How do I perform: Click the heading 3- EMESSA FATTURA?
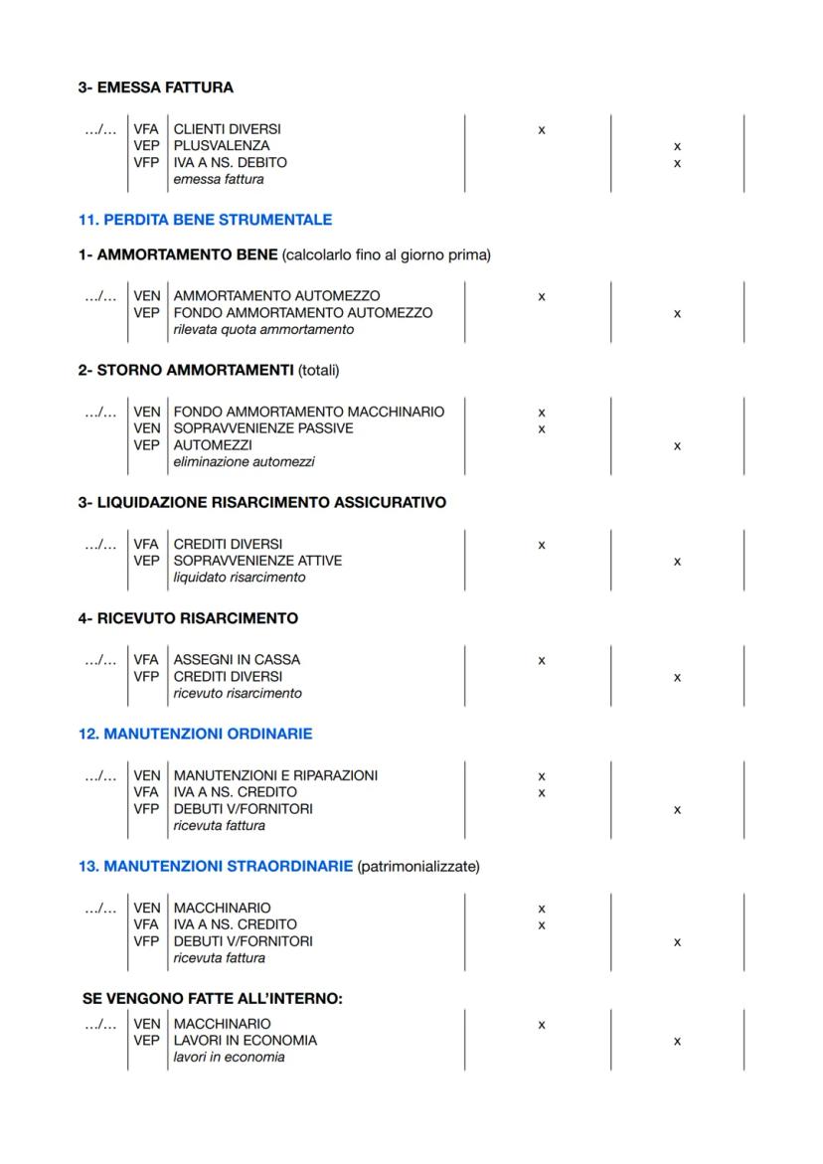coord(156,87)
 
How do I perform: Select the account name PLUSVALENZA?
coord(222,146)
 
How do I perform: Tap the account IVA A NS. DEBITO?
coord(230,162)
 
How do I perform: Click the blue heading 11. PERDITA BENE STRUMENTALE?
coord(205,220)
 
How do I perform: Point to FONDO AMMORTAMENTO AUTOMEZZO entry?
coord(303,313)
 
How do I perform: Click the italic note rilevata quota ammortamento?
coord(263,329)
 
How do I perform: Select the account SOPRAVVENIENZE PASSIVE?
coord(263,428)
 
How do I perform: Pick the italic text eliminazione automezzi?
coord(244,461)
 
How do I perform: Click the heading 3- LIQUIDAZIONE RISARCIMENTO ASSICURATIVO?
coord(262,503)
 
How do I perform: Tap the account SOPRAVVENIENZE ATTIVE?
coord(257,561)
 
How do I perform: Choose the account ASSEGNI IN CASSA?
coord(237,660)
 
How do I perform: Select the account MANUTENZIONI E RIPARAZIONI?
coord(275,776)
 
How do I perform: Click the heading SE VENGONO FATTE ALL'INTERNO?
coord(213,999)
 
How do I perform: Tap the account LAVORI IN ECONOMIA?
coord(246,1041)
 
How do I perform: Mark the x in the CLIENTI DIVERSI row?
coord(541,130)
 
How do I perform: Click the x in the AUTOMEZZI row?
coord(677,445)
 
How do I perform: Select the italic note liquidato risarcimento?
coord(240,578)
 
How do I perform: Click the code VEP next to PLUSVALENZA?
coord(146,146)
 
